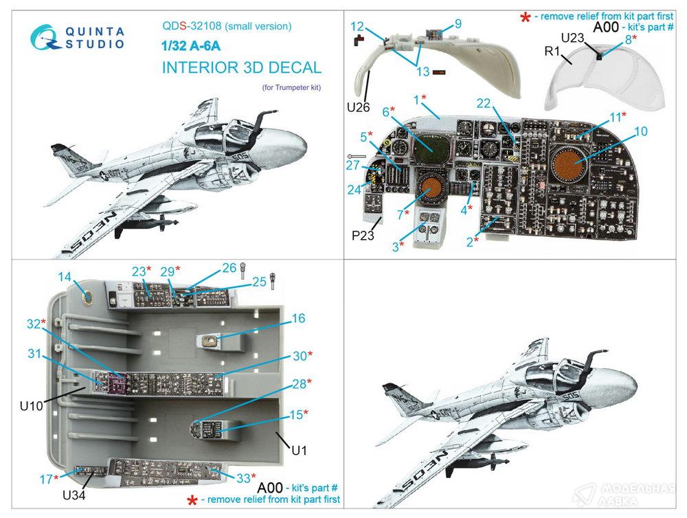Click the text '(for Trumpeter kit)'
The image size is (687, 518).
[291, 88]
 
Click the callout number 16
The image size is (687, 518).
[297, 319]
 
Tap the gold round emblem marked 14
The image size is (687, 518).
[88, 297]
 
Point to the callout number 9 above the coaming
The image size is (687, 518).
[458, 23]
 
